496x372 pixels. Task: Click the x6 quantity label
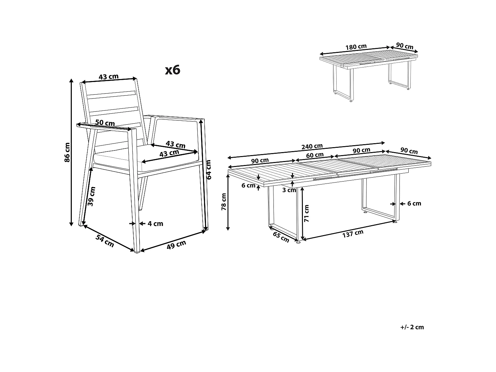point(173,70)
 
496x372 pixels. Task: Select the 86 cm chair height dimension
point(67,152)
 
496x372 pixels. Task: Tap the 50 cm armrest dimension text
point(105,123)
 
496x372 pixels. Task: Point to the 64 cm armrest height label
point(209,169)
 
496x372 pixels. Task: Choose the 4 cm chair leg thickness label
point(155,224)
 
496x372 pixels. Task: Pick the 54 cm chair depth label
point(105,241)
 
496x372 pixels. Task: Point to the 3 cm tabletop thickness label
point(289,190)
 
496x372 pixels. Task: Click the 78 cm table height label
point(224,202)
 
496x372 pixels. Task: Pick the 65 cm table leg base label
point(281,237)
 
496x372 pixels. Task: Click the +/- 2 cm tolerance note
point(412,327)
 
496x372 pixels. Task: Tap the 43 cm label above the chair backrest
point(108,77)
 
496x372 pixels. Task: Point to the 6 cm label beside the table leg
point(414,204)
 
